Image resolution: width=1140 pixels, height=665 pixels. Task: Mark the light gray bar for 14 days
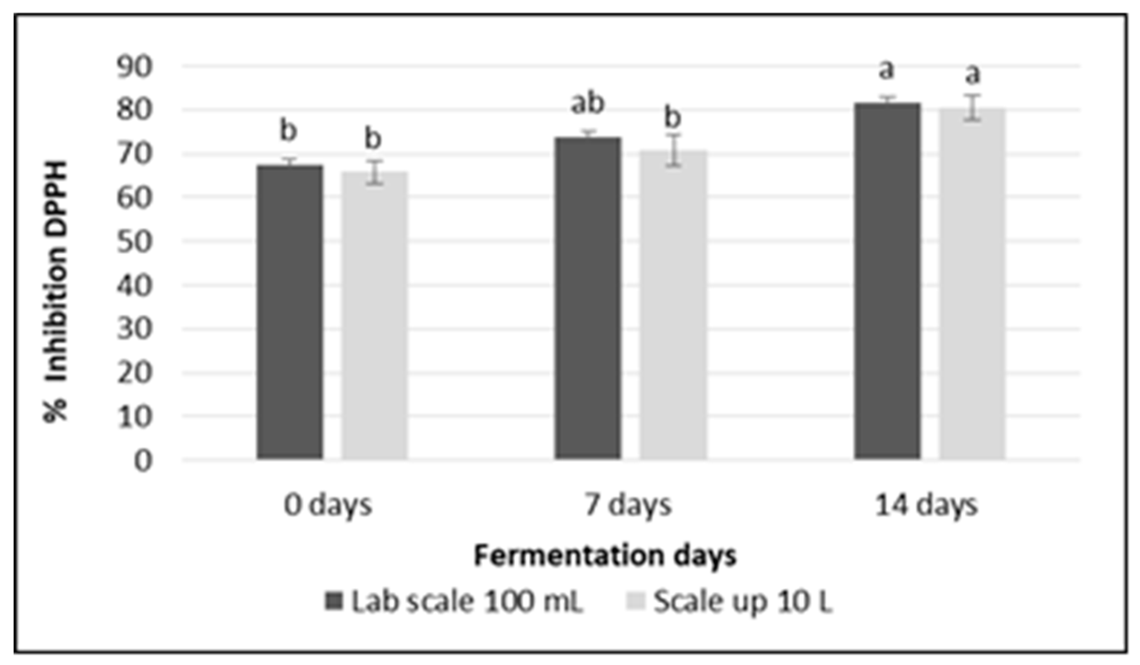click(x=972, y=284)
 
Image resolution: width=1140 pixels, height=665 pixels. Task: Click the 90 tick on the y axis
click(x=134, y=67)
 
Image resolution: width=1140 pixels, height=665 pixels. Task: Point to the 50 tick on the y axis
click(x=134, y=242)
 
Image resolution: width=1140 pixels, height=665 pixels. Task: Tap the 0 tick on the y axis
click(x=143, y=461)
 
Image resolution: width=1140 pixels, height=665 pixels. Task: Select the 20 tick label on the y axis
click(x=134, y=373)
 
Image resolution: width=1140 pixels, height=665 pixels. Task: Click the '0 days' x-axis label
click(x=328, y=506)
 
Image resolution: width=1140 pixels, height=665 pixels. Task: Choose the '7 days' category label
click(x=628, y=506)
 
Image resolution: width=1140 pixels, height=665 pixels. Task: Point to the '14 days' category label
click(x=926, y=506)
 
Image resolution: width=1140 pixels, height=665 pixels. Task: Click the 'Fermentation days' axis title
click(x=605, y=556)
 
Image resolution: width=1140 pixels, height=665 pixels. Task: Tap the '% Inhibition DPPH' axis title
click(x=56, y=291)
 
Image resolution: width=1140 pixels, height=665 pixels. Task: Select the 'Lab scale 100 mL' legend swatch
click(x=333, y=601)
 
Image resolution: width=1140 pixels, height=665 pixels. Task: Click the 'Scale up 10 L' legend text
click(x=742, y=602)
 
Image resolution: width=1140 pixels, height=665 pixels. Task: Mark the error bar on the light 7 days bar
click(x=674, y=150)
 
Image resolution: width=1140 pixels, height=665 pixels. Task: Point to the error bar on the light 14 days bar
click(x=972, y=108)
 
